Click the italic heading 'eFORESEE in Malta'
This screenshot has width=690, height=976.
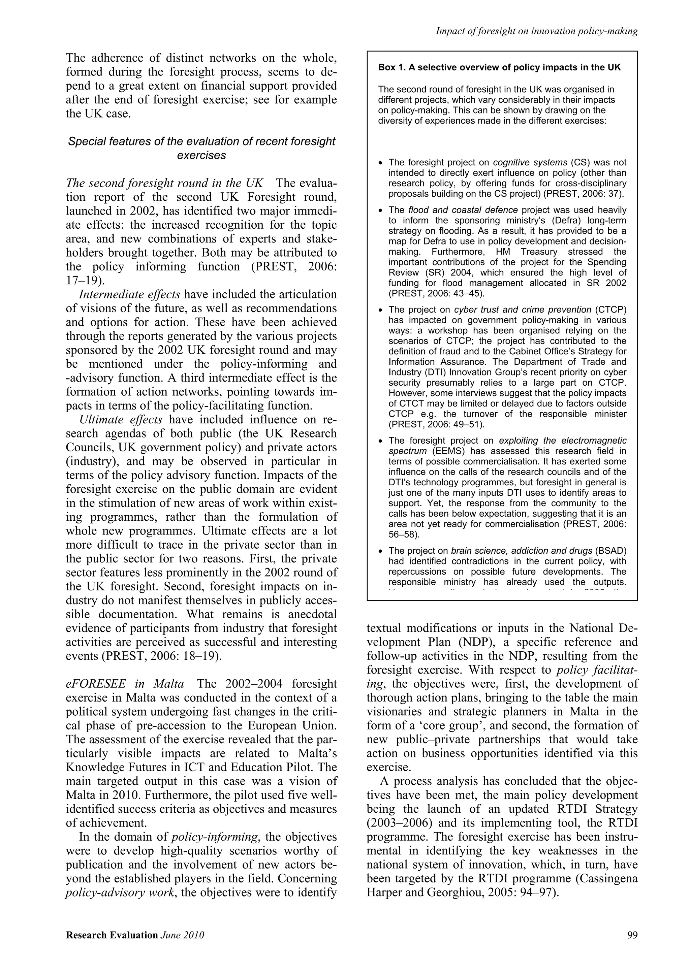tap(125, 684)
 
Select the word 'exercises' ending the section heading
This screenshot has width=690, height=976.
tap(201, 156)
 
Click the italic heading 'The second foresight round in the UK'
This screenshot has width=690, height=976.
tap(164, 183)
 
